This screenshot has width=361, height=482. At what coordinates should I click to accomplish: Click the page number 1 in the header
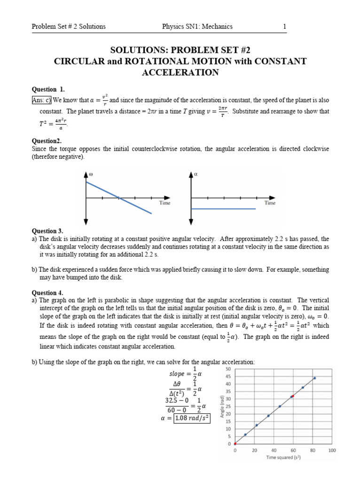284,27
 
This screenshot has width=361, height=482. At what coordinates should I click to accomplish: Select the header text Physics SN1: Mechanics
197,27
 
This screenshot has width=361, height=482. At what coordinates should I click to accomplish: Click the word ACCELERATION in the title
180,72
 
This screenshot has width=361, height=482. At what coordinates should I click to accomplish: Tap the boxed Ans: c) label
41,100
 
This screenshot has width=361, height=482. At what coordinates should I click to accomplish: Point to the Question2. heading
47,141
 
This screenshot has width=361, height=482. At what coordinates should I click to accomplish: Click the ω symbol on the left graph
92,174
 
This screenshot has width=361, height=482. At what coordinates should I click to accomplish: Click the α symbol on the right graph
196,174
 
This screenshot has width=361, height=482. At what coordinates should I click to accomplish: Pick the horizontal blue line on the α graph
224,209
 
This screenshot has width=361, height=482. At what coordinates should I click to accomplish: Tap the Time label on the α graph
270,203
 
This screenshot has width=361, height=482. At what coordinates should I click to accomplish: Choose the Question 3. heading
47,231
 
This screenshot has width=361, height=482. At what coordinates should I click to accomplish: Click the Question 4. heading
47,292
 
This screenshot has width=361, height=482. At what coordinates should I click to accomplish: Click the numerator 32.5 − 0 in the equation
177,401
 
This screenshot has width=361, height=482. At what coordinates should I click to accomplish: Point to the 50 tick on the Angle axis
228,369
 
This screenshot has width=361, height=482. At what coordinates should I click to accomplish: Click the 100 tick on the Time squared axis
331,450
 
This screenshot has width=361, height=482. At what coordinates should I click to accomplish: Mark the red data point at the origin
235,444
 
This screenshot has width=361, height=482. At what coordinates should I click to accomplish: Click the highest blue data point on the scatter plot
314,378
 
